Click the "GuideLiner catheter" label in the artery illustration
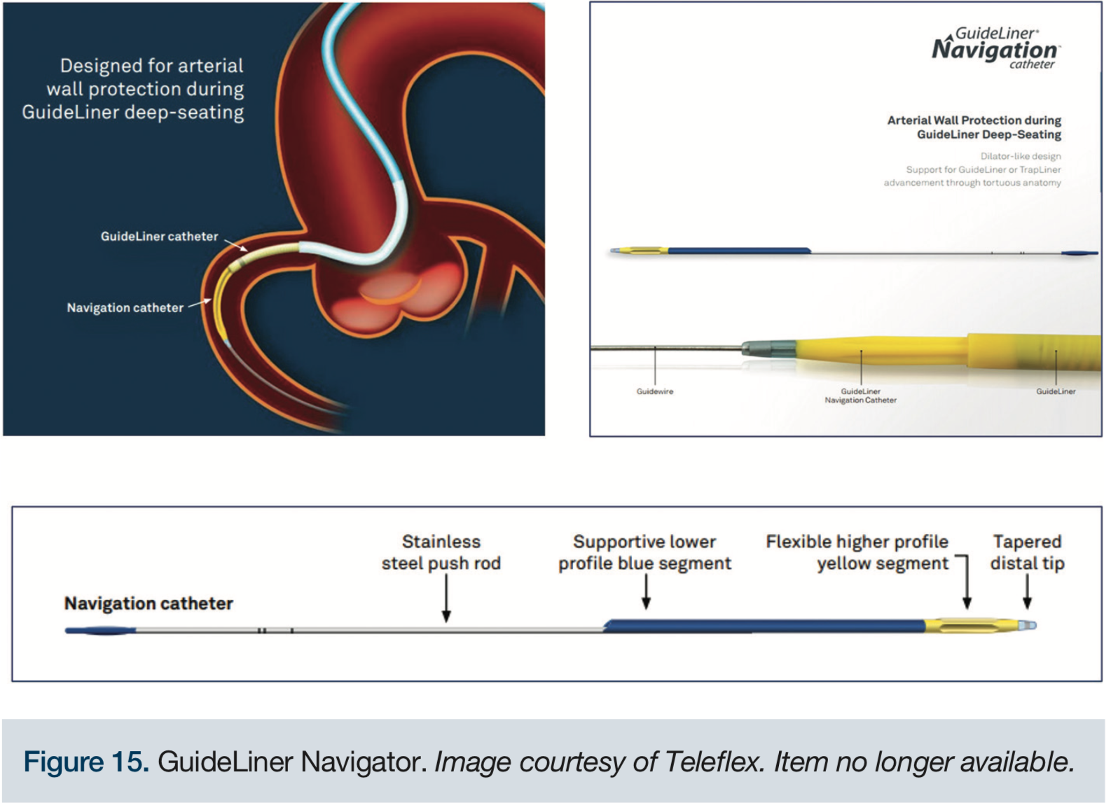(159, 237)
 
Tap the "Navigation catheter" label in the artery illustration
(125, 308)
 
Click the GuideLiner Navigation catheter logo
(995, 48)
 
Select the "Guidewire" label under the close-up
(654, 391)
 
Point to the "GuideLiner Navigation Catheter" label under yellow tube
(860, 395)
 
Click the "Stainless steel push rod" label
(441, 552)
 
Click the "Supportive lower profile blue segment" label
(644, 552)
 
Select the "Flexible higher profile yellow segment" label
(857, 552)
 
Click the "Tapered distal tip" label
(1027, 552)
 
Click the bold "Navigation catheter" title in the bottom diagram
(149, 603)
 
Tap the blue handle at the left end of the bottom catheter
(100, 631)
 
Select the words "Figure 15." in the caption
(86, 762)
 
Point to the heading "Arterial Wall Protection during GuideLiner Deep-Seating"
(974, 127)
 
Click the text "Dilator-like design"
(1020, 156)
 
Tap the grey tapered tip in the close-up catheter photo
(768, 347)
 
